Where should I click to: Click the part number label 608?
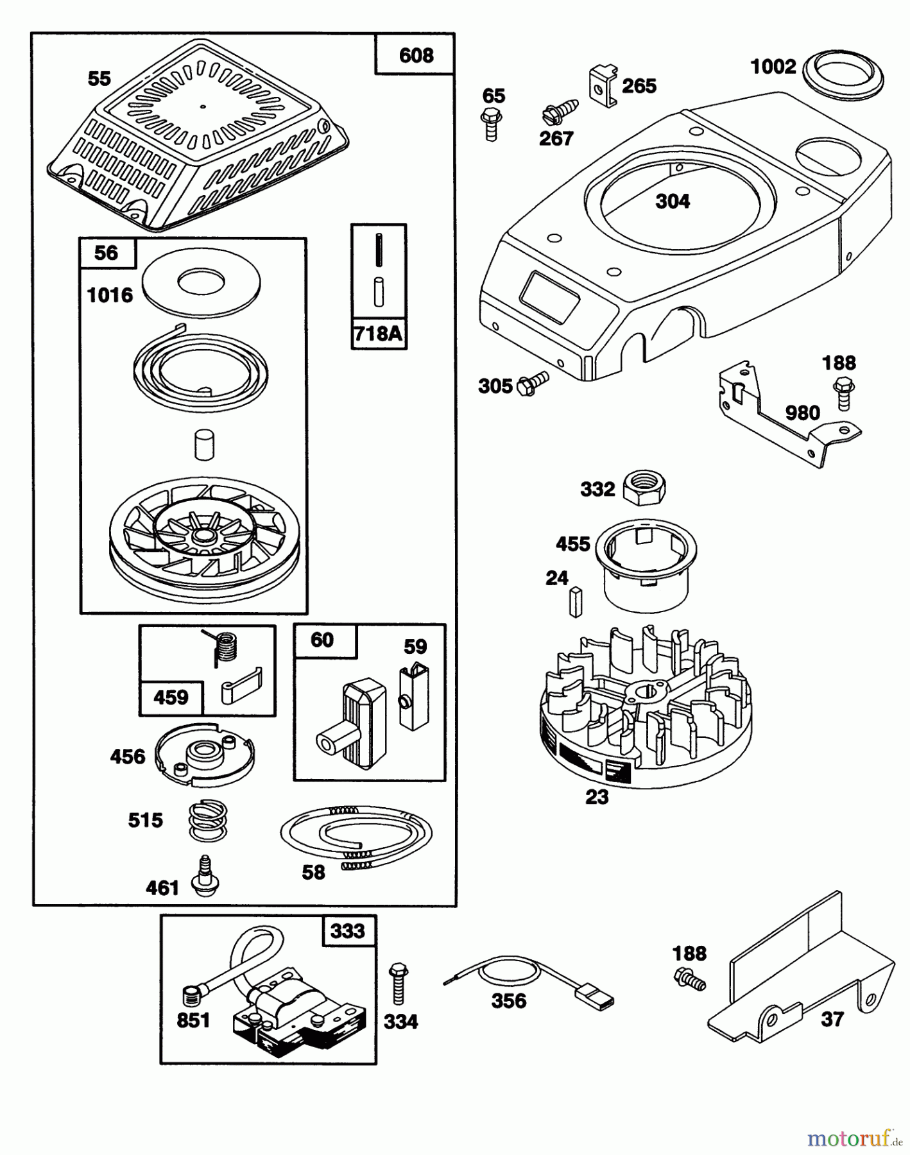click(416, 56)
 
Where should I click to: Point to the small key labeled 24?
click(574, 601)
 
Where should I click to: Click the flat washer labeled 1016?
click(200, 282)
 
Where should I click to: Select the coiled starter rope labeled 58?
click(356, 835)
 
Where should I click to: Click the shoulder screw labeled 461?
click(205, 876)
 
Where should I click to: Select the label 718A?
click(379, 334)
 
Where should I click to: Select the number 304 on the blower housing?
click(673, 201)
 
